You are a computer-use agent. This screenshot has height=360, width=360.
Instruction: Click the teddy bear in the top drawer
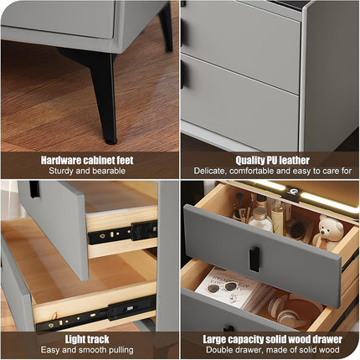click(329, 232)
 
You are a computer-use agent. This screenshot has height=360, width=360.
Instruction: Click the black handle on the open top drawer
click(254, 258)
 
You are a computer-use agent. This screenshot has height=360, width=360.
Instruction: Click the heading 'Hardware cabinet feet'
click(89, 159)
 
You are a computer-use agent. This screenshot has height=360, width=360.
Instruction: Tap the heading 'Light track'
click(89, 339)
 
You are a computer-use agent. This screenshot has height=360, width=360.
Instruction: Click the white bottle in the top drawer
click(261, 219)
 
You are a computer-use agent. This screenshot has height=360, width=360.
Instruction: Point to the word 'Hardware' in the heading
click(61, 159)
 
